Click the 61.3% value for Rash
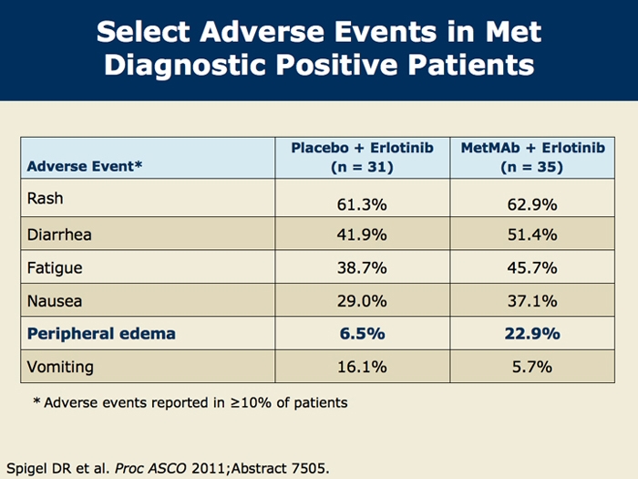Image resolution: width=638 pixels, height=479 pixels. (x=362, y=203)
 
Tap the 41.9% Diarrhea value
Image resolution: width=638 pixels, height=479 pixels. (x=362, y=234)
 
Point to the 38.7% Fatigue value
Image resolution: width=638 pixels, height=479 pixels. (x=362, y=268)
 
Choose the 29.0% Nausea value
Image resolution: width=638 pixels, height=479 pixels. (x=362, y=301)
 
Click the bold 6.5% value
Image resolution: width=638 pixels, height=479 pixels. (x=362, y=334)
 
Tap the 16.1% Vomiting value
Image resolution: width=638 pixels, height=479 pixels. (x=362, y=367)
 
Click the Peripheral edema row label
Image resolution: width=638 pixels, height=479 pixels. (x=101, y=334)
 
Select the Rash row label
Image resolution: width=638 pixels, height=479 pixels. (x=46, y=198)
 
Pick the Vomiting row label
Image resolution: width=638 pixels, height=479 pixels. (x=60, y=367)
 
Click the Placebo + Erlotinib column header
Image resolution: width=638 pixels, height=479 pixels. (x=362, y=157)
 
